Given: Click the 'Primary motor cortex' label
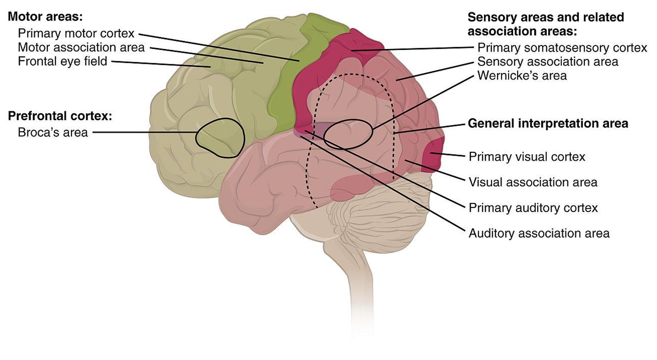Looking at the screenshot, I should point(76,34).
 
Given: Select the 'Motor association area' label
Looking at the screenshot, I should point(81,47).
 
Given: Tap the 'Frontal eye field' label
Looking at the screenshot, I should point(62,61).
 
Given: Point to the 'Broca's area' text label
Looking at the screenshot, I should point(53,132).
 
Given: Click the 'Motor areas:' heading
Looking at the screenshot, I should point(45,17).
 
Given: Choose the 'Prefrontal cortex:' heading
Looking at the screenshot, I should point(60,116).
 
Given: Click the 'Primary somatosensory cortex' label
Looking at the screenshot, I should point(562,48).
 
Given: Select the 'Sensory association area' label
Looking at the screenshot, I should point(547,62).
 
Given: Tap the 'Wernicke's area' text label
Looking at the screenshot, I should point(522,76).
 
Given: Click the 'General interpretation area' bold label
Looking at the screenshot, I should point(548,123).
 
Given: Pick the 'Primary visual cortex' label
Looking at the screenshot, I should point(527,157).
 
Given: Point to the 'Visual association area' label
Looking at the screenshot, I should point(533,182).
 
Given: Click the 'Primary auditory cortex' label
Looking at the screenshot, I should point(533,208).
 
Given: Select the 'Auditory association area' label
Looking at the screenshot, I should point(539,233).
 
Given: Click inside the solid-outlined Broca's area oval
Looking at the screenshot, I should point(220,138).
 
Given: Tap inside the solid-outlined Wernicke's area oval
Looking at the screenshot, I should point(348,134).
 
